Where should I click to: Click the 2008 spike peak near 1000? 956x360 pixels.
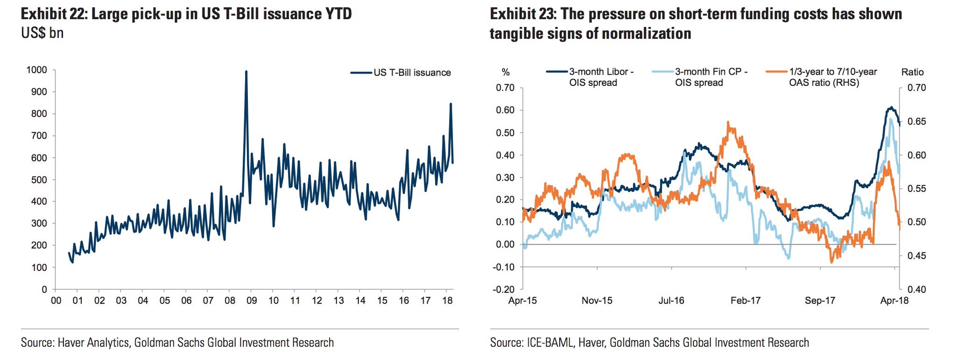tap(246, 71)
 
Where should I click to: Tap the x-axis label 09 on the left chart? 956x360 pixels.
tap(252, 300)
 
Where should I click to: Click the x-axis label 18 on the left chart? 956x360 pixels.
tap(447, 300)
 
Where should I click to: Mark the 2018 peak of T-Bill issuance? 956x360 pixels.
tap(450, 104)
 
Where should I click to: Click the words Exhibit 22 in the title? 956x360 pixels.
tap(53, 14)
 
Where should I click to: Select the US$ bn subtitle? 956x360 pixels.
tap(42, 33)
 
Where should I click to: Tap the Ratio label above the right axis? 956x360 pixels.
tap(912, 72)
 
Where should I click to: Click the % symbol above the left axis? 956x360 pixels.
tap(506, 72)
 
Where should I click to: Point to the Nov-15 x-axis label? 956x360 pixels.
tap(597, 301)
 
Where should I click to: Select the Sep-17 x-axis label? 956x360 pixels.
tap(820, 301)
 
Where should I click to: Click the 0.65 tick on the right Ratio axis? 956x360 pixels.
tap(916, 121)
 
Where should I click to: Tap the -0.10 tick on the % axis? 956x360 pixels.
tap(505, 267)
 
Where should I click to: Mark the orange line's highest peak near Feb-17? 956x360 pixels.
tap(728, 122)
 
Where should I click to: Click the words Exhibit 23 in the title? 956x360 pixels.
tap(522, 14)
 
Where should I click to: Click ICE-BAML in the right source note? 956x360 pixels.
tap(551, 343)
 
